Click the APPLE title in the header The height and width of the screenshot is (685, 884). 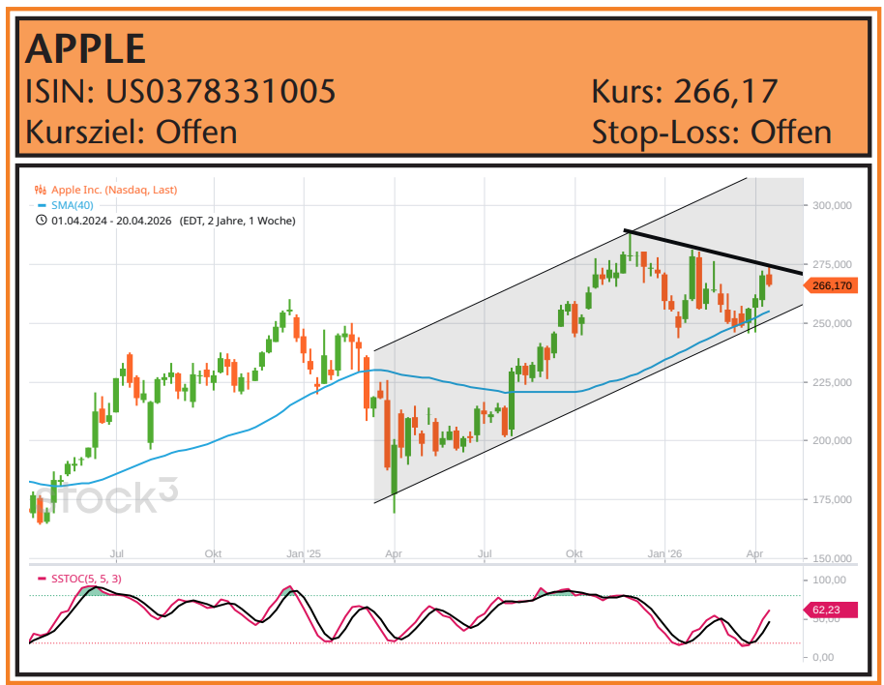point(85,47)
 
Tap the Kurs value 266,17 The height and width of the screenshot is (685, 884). point(725,92)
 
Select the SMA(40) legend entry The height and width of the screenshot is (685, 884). point(73,205)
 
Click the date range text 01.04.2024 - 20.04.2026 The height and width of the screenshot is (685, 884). point(111,221)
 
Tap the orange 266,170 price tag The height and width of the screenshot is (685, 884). point(832,285)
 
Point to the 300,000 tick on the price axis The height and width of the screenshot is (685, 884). point(833,205)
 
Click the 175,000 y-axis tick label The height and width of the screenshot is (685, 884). point(833,499)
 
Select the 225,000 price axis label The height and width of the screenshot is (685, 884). point(833,382)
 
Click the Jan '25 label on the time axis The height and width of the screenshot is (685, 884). point(304,554)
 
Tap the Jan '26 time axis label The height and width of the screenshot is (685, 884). point(664,554)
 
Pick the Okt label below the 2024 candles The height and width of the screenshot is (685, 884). point(214,554)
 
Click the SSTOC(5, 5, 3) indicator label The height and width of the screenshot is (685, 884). point(85,579)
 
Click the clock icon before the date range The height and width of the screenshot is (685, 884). point(41,221)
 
